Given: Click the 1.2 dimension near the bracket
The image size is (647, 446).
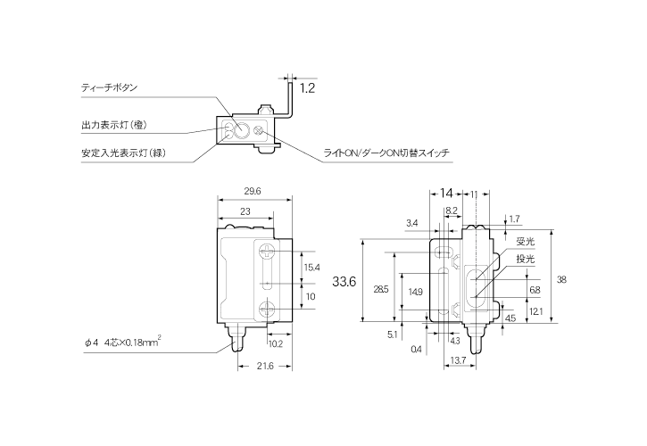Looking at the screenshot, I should pos(307,88).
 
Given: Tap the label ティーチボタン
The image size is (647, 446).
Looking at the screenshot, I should pos(109,88).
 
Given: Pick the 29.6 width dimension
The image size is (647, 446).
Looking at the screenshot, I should pos(252,191).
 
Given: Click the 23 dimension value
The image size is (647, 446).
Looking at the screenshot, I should pos(245,211).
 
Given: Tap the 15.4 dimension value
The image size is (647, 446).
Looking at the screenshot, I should pos(311,267).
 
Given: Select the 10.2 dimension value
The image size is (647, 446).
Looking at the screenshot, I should pos(276,343).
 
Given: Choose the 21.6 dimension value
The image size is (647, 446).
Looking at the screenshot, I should pos(264,368).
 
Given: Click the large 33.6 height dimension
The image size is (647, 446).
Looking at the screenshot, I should pos(344,281).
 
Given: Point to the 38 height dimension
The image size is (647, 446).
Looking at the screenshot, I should pos(561,279).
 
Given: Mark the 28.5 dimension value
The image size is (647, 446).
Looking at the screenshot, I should pos(380,290).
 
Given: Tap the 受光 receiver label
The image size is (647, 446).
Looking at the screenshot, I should pos(525,241).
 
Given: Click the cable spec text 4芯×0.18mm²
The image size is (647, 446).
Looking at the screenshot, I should pos(138,343).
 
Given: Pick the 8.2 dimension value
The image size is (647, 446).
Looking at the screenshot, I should pos(451,211).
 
